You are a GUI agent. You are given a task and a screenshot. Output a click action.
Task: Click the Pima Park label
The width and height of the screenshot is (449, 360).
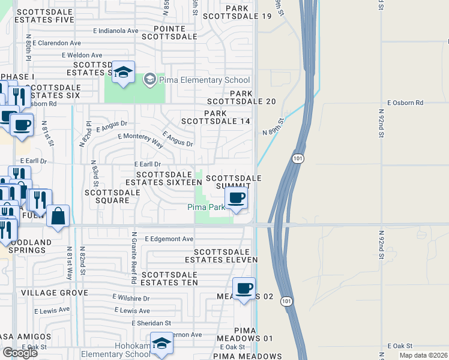[206, 207]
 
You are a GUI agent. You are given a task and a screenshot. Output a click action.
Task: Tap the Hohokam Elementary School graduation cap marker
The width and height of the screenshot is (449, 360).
[161, 343]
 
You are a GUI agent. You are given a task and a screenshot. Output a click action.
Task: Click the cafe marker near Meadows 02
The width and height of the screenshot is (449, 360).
[244, 289]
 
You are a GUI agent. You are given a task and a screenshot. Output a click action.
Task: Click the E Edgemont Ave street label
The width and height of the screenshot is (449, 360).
[169, 239]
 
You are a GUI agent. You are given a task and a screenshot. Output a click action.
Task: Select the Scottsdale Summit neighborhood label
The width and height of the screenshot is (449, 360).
[234, 183]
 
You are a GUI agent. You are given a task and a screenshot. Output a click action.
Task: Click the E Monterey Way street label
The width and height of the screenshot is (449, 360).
[140, 140]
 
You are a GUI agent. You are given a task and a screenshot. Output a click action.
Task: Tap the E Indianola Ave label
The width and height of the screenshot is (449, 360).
[116, 31]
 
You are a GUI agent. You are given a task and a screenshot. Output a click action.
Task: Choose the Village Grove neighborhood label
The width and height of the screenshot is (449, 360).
[54, 293]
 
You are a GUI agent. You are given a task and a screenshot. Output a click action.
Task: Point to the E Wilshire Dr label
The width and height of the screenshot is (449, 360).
[131, 298]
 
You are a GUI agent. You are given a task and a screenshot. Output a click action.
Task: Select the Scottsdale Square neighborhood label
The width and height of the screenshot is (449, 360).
[112, 196]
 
